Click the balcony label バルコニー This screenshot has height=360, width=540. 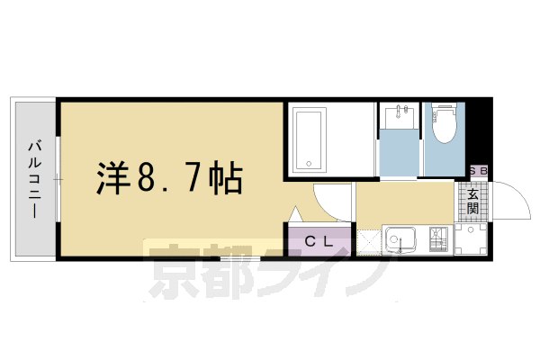pyautogui.click(x=33, y=179)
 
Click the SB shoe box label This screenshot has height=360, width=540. pyautogui.click(x=478, y=171)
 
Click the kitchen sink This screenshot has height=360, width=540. pyautogui.click(x=400, y=240)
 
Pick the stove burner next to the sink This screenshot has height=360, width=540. pyautogui.click(x=438, y=240)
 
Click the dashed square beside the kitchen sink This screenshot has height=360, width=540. pyautogui.click(x=369, y=241)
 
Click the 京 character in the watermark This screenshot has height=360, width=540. pyautogui.click(x=175, y=271)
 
